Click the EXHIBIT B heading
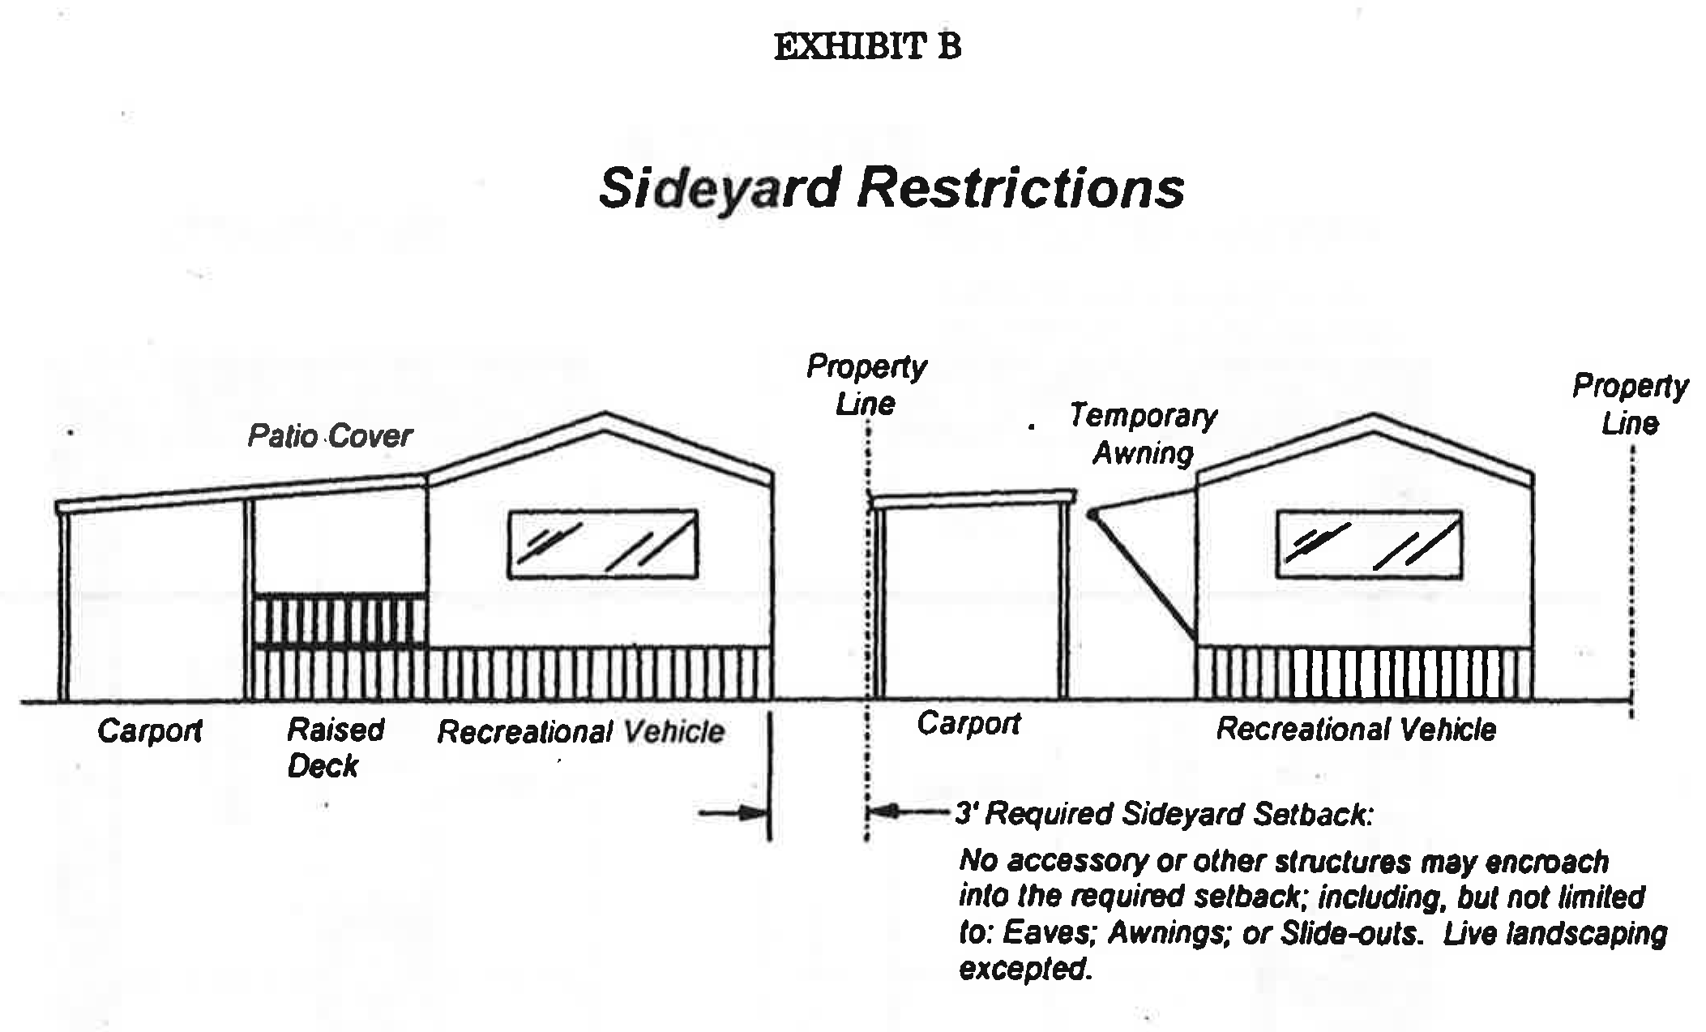point(867,46)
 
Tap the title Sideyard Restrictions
point(891,188)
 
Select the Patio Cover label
point(329,436)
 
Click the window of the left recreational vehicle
point(603,544)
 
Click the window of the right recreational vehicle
point(1369,544)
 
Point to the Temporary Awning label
point(1143,434)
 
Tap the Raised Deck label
point(335,747)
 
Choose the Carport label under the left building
point(150,731)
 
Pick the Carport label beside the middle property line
point(968,723)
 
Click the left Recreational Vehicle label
point(580,732)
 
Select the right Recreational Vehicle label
point(1356,730)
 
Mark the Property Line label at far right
point(1630,405)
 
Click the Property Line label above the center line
point(866,385)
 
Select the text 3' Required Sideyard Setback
point(1164,813)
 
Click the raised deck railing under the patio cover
point(340,620)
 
